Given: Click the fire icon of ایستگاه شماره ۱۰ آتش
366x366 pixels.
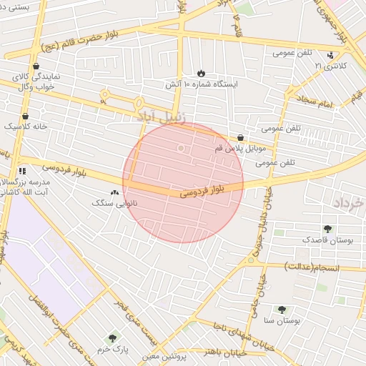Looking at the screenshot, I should pos(201,73).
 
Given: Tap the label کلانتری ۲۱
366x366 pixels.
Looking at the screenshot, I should pos(329,66).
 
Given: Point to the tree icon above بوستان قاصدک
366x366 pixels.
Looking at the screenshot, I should pos(327,229).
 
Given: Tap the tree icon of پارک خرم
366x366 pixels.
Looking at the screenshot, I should pos(112,338).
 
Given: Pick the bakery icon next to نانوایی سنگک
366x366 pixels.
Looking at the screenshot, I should pos(115,192).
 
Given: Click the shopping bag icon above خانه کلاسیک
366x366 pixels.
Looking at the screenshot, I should pos(26,116).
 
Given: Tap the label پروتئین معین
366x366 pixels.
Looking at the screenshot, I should pos(164,355).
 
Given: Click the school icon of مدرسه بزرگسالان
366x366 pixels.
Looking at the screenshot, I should pos(22,171).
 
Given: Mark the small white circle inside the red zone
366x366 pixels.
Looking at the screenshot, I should pos(181,148).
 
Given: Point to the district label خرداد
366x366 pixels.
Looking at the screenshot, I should pos(348,204).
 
